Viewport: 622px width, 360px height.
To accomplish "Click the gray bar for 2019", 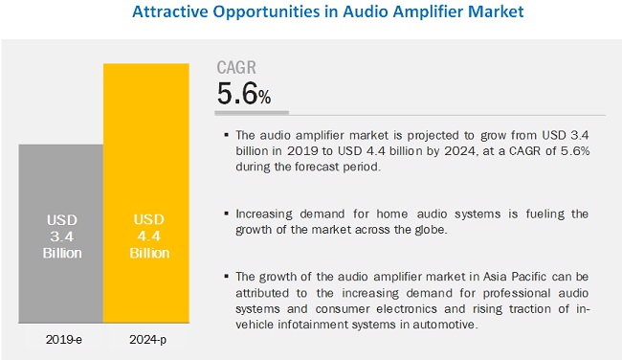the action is click(60, 234).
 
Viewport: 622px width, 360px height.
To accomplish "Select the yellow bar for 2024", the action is click(146, 192).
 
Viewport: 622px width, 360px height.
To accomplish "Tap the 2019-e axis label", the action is click(63, 340).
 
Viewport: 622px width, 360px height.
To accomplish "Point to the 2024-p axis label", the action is click(147, 340).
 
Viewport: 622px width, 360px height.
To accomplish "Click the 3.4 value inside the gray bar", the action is click(62, 236).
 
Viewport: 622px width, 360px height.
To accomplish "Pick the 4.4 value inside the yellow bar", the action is click(149, 236).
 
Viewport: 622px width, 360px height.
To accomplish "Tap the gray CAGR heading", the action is click(236, 67).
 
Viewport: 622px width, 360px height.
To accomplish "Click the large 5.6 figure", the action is click(237, 94).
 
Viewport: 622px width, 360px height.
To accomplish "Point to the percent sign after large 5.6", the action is click(264, 97).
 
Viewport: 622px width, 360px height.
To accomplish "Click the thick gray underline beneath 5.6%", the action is click(252, 113).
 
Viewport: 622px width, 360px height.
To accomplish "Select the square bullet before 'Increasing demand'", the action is click(227, 214).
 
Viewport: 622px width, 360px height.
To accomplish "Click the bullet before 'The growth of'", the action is click(227, 277).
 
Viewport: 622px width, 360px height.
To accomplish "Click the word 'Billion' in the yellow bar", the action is click(149, 253).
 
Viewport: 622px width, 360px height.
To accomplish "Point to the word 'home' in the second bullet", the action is click(392, 214).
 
